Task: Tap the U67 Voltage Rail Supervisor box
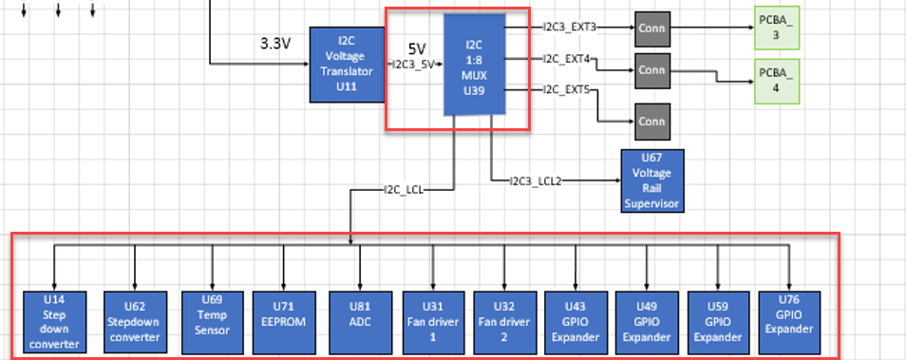click(x=651, y=180)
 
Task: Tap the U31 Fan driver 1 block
click(x=432, y=320)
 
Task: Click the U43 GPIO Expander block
click(x=576, y=320)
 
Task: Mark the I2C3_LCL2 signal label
click(x=536, y=180)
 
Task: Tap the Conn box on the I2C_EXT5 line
click(x=651, y=122)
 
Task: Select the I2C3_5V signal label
click(x=415, y=64)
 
